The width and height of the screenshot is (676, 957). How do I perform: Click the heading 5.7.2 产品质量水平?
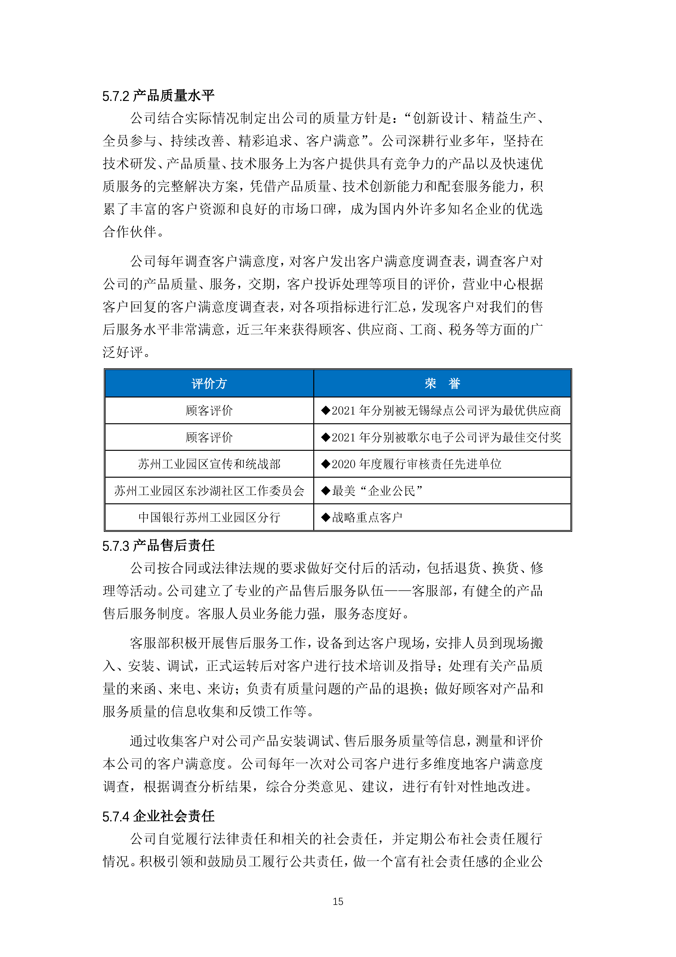click(158, 96)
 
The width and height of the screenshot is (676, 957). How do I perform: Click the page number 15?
click(338, 902)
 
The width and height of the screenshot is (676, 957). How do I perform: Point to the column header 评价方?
click(209, 383)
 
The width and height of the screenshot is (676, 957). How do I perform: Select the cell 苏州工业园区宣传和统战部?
click(209, 464)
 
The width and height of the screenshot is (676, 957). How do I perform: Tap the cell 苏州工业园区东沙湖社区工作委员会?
click(209, 491)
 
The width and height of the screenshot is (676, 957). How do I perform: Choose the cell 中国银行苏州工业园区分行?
click(209, 517)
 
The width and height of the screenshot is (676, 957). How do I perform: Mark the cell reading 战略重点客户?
click(367, 517)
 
